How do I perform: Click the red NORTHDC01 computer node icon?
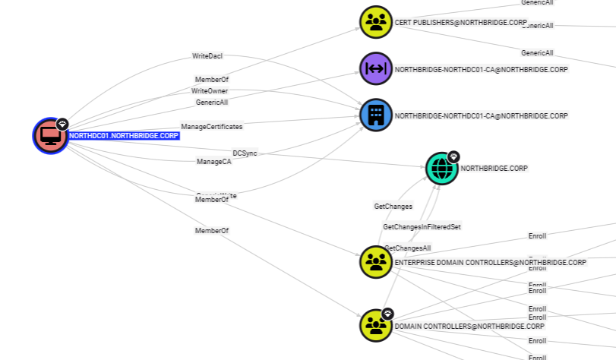(x=50, y=136)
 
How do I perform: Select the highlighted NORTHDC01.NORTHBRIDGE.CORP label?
(x=124, y=136)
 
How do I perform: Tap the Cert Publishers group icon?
(x=375, y=23)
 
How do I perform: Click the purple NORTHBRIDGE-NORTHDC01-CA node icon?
(x=375, y=69)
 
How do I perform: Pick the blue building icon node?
(x=375, y=115)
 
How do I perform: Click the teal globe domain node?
(x=441, y=169)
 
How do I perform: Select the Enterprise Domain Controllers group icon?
(x=375, y=262)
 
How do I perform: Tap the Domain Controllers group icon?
(x=375, y=325)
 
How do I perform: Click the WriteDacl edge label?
(x=207, y=56)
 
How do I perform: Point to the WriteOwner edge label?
(x=210, y=91)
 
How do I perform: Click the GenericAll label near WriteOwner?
(x=212, y=102)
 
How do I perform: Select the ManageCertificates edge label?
(x=212, y=127)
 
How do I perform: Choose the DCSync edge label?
(x=245, y=153)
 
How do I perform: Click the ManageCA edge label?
(x=213, y=162)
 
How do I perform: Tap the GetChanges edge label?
(x=393, y=207)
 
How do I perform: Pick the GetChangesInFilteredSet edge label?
(x=422, y=227)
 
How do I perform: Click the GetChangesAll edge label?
(x=408, y=248)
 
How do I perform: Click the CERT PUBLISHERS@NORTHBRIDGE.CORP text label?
(x=460, y=23)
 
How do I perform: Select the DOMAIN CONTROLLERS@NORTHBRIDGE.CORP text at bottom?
(x=459, y=326)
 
